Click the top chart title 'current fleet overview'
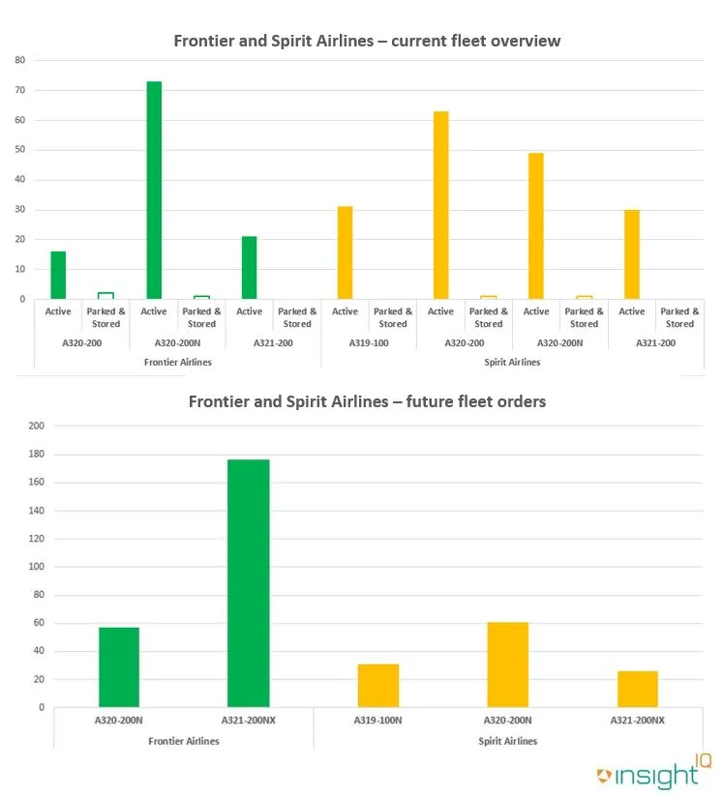[x=367, y=41]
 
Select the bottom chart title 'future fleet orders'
[x=367, y=400]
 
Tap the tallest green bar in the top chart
[x=154, y=191]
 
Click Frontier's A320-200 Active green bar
[x=58, y=276]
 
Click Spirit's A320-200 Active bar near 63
[x=440, y=205]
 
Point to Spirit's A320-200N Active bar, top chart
[x=536, y=226]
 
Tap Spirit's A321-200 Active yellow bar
[x=632, y=254]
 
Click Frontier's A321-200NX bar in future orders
[x=249, y=583]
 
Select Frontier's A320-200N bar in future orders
[x=119, y=667]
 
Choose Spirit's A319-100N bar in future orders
[x=378, y=686]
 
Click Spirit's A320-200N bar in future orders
[x=508, y=665]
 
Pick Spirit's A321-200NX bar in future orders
[x=638, y=689]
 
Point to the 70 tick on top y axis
[x=19, y=90]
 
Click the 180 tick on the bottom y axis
[x=36, y=454]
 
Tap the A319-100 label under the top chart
[x=369, y=342]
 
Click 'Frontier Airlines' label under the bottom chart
[x=184, y=741]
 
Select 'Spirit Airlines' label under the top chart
[x=512, y=362]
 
